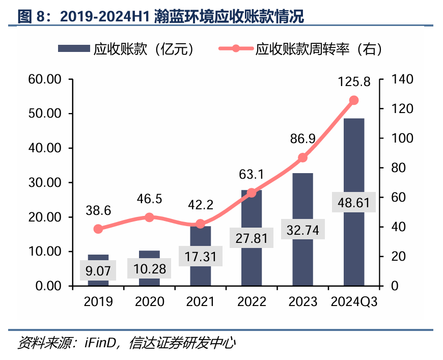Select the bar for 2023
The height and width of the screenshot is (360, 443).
coord(302,204)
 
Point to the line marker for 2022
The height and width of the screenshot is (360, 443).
coord(251,192)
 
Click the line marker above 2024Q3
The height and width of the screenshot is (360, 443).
coord(354,100)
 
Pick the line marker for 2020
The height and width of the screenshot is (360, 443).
coord(149,217)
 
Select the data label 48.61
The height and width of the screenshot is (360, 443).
coord(353,202)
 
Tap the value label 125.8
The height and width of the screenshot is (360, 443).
coord(354,81)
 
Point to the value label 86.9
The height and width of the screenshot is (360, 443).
coord(302,139)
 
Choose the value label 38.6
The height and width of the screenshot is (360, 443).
coord(98,210)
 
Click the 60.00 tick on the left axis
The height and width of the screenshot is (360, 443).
coord(44,79)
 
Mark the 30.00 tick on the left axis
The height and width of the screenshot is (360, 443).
coord(44,183)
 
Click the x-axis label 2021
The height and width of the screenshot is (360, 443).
coord(200,301)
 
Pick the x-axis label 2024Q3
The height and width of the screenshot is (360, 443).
coord(354,301)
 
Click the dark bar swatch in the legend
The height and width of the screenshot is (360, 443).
coord(73,49)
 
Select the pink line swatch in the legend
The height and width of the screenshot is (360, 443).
coord(235,49)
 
